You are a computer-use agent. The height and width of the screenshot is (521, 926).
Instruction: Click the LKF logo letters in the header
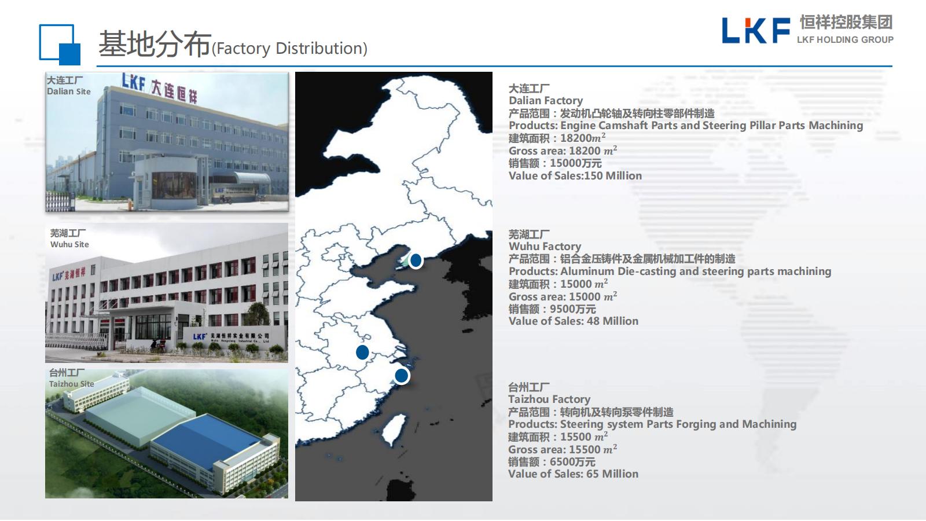[756, 30]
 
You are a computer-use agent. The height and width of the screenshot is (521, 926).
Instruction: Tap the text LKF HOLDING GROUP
[845, 40]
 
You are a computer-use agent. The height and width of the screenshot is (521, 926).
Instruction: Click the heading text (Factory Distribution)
[289, 49]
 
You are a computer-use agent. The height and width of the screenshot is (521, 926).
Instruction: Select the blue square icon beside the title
[60, 45]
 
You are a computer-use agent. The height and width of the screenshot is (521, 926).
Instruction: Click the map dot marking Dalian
[416, 260]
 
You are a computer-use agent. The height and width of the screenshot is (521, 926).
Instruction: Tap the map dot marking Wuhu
[362, 353]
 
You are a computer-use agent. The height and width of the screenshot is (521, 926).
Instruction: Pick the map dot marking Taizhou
[402, 376]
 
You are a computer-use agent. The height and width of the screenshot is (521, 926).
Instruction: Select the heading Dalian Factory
[546, 101]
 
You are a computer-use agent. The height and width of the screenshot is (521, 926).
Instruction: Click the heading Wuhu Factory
[545, 247]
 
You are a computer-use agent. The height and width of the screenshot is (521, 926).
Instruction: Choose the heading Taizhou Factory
[549, 399]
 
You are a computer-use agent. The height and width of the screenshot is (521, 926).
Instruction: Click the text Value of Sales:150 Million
[575, 176]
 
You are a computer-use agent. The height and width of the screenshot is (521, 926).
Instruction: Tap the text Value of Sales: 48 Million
[574, 321]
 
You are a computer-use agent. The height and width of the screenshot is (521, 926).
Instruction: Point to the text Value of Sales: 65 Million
[574, 474]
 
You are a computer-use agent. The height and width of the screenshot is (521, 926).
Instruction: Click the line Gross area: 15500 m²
[563, 449]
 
